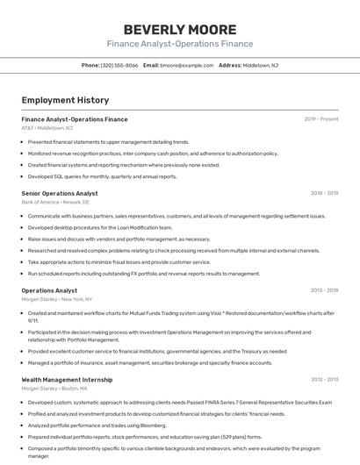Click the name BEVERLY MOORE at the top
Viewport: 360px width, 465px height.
pos(179,29)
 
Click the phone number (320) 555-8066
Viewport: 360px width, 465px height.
pos(119,65)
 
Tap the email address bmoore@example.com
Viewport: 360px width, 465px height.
pos(187,65)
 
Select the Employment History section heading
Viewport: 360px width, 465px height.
pos(65,100)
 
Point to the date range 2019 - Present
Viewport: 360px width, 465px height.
pos(321,118)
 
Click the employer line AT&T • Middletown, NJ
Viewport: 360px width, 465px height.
pos(47,128)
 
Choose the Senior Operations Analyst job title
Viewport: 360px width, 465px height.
pos(60,193)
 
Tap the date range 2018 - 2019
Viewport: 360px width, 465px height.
pos(324,193)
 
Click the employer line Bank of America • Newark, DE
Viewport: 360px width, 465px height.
pos(55,202)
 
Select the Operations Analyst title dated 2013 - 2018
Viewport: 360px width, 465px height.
pos(49,290)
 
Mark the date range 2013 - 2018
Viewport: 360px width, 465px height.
pos(324,290)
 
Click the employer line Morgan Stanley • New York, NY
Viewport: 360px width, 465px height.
pos(58,299)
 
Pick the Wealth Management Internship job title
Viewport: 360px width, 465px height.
pos(67,379)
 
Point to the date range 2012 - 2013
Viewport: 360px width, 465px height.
pos(324,379)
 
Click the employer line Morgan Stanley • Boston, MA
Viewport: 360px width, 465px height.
pos(54,388)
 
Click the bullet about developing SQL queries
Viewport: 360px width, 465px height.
pos(102,176)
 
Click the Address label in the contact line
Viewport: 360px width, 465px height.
pos(230,65)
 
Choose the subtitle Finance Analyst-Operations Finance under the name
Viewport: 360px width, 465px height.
pos(179,44)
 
